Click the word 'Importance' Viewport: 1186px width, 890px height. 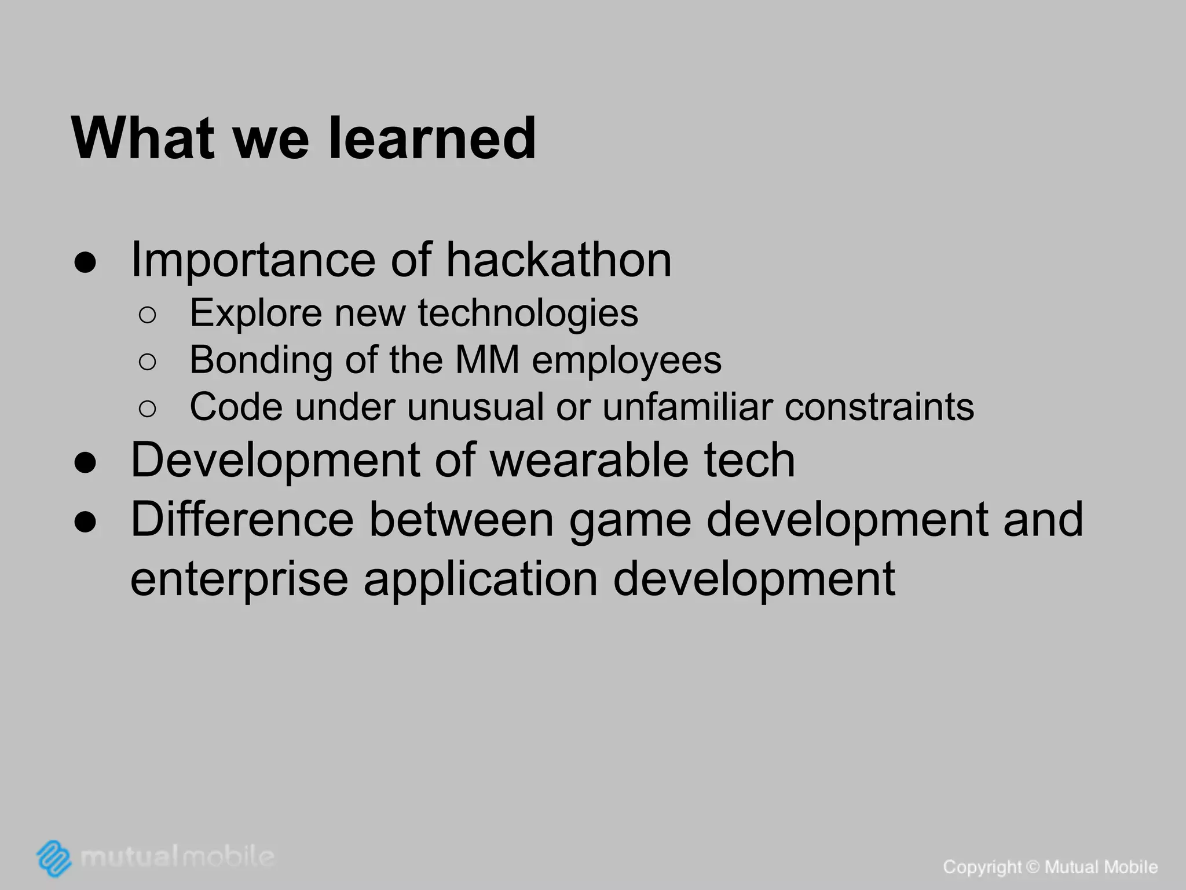(253, 260)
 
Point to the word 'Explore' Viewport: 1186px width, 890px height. (255, 313)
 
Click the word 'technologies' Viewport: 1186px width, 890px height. (528, 313)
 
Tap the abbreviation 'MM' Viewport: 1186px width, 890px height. (487, 360)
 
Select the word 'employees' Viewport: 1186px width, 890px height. (627, 361)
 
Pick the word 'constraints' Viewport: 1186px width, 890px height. (879, 407)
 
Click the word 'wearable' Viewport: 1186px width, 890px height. (590, 460)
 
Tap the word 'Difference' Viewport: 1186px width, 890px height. (242, 520)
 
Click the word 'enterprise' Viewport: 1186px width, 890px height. (239, 579)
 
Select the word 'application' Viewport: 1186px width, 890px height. (481, 579)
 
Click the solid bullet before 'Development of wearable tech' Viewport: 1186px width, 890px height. (85, 464)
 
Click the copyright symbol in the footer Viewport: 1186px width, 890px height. (1033, 867)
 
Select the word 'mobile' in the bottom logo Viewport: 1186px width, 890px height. (229, 856)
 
